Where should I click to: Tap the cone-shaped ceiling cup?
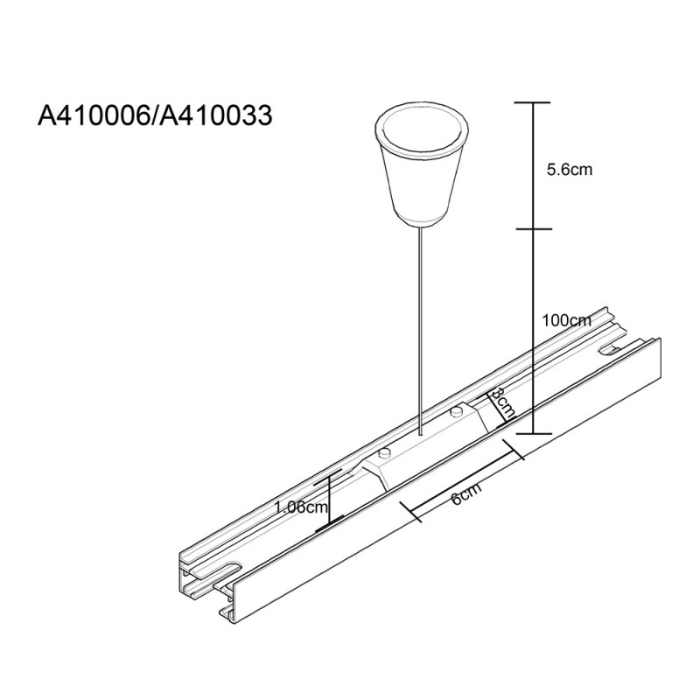click(x=420, y=166)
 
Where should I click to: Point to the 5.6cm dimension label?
click(x=570, y=171)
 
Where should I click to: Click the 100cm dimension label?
click(x=567, y=320)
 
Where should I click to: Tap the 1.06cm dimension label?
click(x=300, y=507)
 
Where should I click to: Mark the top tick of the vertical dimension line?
click(x=530, y=102)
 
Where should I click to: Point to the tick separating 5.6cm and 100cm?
click(x=530, y=230)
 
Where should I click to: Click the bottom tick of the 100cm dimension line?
click(x=530, y=432)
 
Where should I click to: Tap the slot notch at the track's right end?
click(x=613, y=350)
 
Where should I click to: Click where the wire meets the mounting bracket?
click(x=420, y=435)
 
